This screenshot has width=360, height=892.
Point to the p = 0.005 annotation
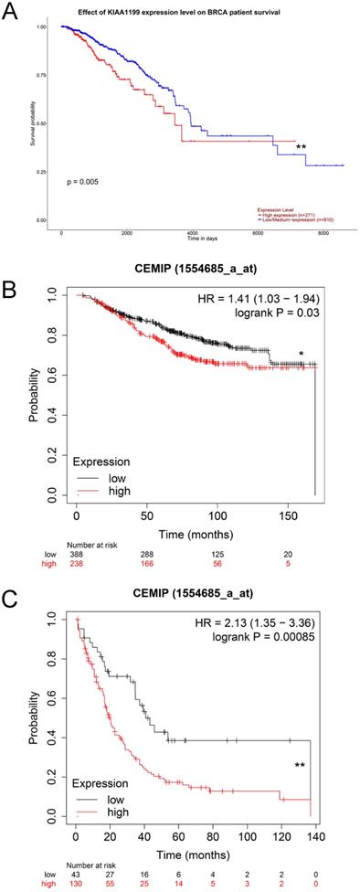tap(83, 182)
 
